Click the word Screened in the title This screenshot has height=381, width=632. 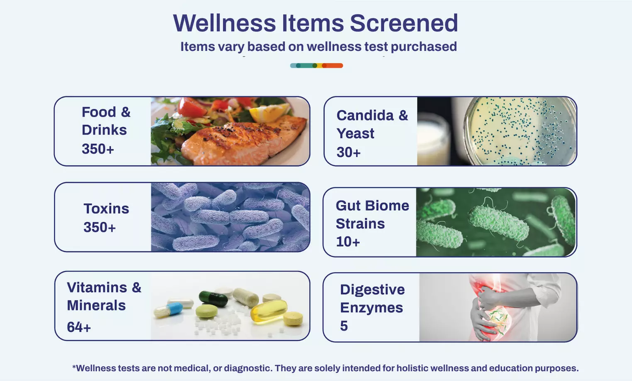point(403,23)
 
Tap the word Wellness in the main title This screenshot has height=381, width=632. point(224,23)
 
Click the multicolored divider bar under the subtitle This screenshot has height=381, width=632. point(316,66)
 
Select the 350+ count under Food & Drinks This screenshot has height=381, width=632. point(98,149)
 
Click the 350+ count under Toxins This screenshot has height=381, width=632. point(100,227)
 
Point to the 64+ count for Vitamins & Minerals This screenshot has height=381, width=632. point(79,327)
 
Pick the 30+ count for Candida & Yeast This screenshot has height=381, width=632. point(349,152)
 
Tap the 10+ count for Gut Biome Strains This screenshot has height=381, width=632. point(348,241)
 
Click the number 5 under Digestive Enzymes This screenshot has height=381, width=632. point(344,326)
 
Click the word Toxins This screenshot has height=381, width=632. point(106,209)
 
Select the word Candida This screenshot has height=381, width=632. point(365,115)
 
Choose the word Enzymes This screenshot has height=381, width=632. point(371,308)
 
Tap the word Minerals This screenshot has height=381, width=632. point(96,305)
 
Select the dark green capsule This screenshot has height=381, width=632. point(213,297)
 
